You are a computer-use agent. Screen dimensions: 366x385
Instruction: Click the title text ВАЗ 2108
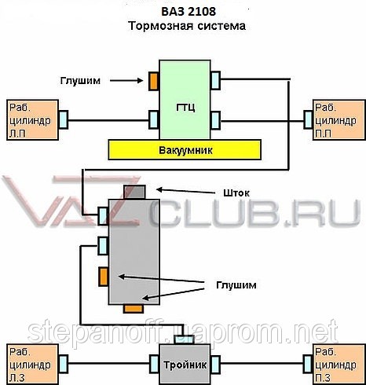(x=188, y=12)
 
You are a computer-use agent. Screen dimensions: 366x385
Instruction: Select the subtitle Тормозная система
(x=187, y=26)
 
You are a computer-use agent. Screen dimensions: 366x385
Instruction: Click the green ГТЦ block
(x=185, y=100)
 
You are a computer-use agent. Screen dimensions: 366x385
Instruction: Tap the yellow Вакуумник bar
(x=185, y=150)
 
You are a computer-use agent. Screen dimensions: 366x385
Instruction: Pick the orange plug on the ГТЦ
(x=154, y=81)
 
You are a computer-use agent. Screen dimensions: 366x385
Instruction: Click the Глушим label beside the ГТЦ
(x=80, y=80)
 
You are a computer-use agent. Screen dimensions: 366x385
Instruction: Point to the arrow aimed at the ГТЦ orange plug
(x=126, y=81)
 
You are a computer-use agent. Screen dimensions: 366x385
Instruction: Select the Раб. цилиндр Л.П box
(x=32, y=120)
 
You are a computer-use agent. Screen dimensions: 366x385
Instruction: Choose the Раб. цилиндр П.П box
(x=339, y=120)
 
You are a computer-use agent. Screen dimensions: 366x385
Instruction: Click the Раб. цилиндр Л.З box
(x=32, y=365)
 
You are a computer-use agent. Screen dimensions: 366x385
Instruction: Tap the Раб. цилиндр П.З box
(x=339, y=365)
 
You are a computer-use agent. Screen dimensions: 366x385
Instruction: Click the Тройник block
(x=185, y=365)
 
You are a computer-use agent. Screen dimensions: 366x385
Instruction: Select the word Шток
(x=236, y=193)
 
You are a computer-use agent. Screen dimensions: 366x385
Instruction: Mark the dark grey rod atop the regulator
(x=134, y=192)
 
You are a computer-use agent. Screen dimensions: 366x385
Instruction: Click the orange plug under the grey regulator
(x=134, y=309)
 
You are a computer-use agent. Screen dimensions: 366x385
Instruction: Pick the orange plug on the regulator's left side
(x=104, y=277)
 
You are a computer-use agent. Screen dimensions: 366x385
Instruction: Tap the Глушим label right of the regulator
(x=236, y=284)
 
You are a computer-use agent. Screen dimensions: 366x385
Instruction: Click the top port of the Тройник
(x=184, y=339)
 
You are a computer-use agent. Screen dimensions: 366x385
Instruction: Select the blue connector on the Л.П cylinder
(x=63, y=119)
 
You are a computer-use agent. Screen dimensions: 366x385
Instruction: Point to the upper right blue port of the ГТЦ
(x=215, y=80)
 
